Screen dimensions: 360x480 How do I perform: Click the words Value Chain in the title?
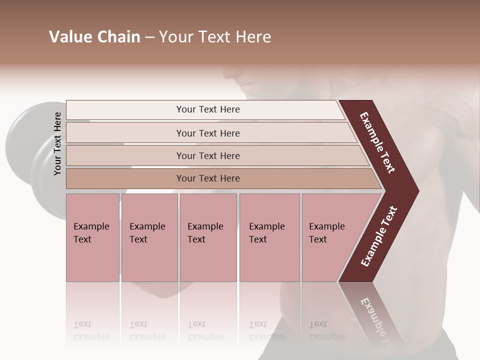coord(94,37)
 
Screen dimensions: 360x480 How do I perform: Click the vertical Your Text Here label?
coord(57,143)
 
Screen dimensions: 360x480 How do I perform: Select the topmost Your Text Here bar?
coord(208,109)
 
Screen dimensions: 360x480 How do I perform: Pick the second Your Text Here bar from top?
coord(208,133)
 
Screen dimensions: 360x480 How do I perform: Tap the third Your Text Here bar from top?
coord(208,155)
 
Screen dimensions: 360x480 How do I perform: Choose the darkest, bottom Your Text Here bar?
coord(208,178)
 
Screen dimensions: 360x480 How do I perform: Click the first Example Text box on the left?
coord(92,237)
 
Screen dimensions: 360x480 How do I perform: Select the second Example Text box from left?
coord(149,237)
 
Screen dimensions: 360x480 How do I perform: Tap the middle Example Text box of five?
coord(208,237)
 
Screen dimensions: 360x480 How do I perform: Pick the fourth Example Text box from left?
coord(269,237)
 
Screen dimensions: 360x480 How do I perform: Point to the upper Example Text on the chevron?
coord(378,142)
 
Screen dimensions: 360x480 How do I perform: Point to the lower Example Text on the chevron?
coord(378,236)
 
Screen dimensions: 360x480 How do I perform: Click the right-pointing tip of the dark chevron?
coord(416,190)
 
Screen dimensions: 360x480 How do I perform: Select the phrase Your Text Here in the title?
coord(215,37)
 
